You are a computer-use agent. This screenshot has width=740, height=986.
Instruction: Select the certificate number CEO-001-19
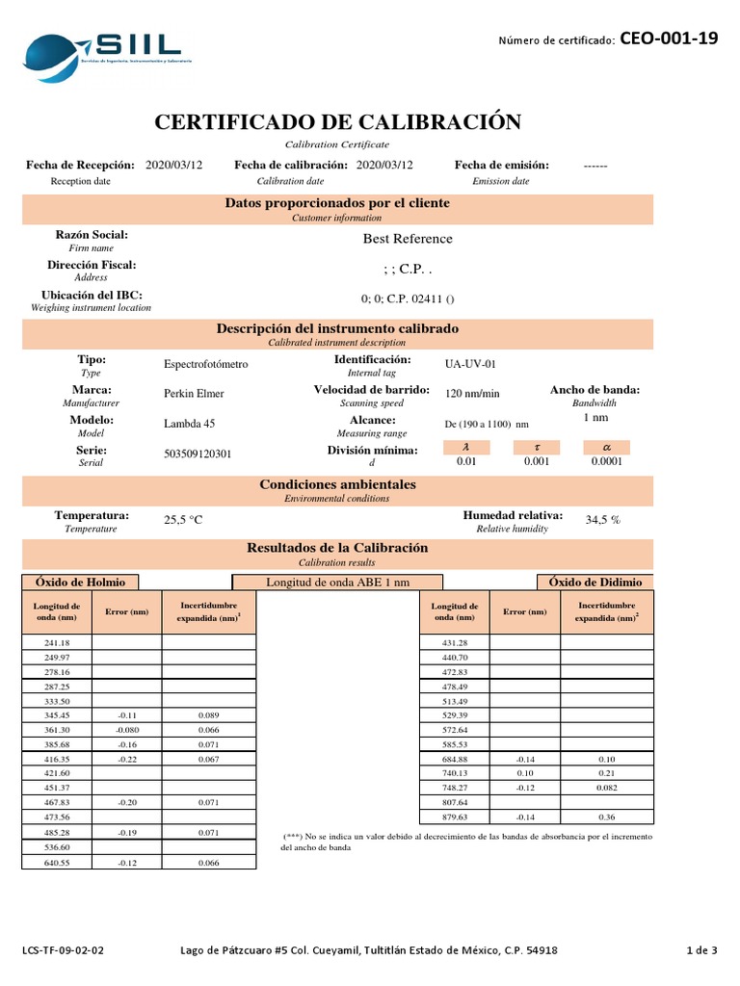(x=668, y=39)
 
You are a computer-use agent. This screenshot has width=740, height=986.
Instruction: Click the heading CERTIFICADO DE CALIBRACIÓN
(x=337, y=122)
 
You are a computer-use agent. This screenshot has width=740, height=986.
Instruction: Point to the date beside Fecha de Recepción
(x=173, y=165)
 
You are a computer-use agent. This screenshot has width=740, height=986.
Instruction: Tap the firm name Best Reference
(x=407, y=239)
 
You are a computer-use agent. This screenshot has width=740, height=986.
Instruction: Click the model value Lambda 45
(x=190, y=425)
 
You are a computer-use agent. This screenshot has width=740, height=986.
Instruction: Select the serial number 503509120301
(x=198, y=454)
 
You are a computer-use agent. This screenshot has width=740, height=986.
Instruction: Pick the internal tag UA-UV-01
(x=470, y=364)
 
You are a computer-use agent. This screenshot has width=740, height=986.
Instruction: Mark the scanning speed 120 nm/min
(x=472, y=394)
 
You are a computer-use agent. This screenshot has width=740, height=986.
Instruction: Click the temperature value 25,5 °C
(x=183, y=520)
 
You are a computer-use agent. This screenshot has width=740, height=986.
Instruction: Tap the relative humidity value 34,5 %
(x=603, y=520)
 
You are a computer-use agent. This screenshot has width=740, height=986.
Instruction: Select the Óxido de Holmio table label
(x=80, y=582)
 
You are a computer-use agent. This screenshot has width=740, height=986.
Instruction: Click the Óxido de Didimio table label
(x=595, y=582)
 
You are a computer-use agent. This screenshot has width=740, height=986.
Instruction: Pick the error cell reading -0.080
(x=127, y=731)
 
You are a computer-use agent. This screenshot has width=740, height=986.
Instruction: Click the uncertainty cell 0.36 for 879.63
(x=607, y=817)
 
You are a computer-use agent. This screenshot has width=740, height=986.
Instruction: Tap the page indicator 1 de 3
(x=701, y=950)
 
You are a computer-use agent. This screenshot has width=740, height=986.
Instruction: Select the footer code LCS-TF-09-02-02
(x=63, y=950)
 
